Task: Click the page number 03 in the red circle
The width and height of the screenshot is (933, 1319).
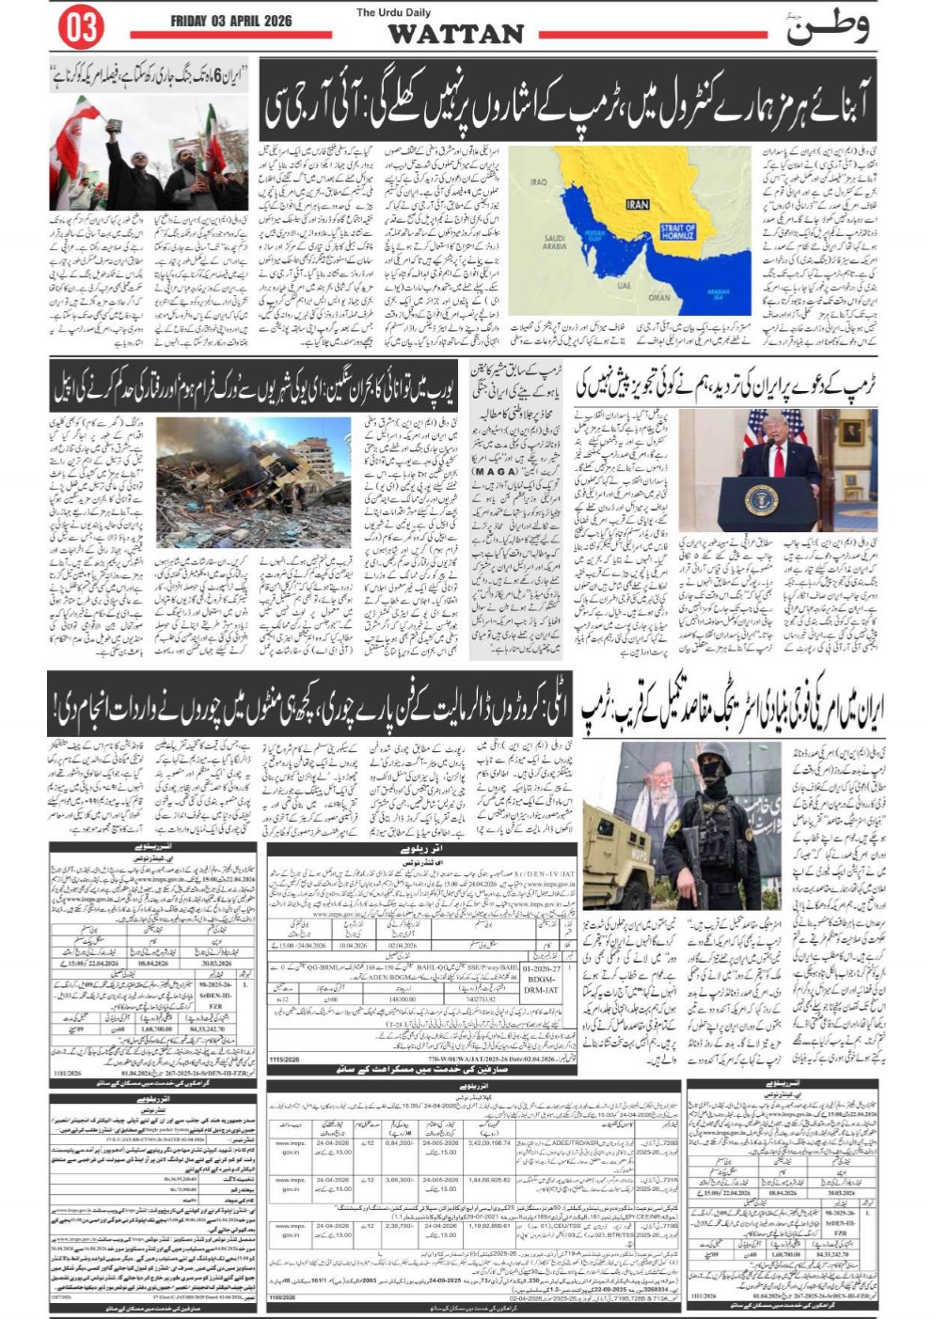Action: [x=81, y=27]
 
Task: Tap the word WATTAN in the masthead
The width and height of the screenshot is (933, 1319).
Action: [x=455, y=34]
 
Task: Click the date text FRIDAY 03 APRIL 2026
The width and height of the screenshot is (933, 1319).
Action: [x=230, y=21]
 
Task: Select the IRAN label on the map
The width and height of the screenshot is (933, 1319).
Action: [x=637, y=204]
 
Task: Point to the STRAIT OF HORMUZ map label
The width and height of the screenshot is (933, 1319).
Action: [x=677, y=231]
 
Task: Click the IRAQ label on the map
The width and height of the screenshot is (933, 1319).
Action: [x=538, y=182]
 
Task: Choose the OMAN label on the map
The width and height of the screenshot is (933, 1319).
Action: [x=658, y=296]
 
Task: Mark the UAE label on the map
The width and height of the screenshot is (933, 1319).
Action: [x=625, y=285]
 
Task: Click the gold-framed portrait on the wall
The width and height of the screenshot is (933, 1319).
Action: [x=850, y=432]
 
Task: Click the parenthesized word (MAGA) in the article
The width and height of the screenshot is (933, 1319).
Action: [x=496, y=471]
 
